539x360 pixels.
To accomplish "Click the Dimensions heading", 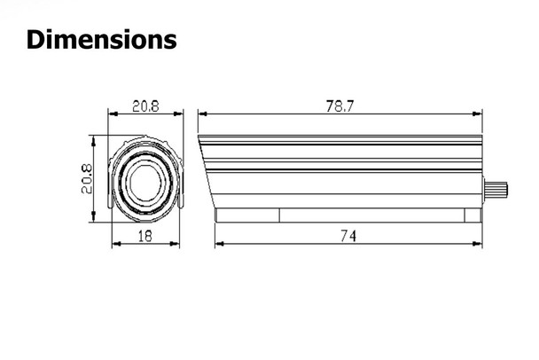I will [101, 40].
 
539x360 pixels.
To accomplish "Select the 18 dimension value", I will [145, 235].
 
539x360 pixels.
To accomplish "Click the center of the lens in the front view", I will [145, 181].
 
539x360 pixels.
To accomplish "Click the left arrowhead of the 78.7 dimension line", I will [201, 114].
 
